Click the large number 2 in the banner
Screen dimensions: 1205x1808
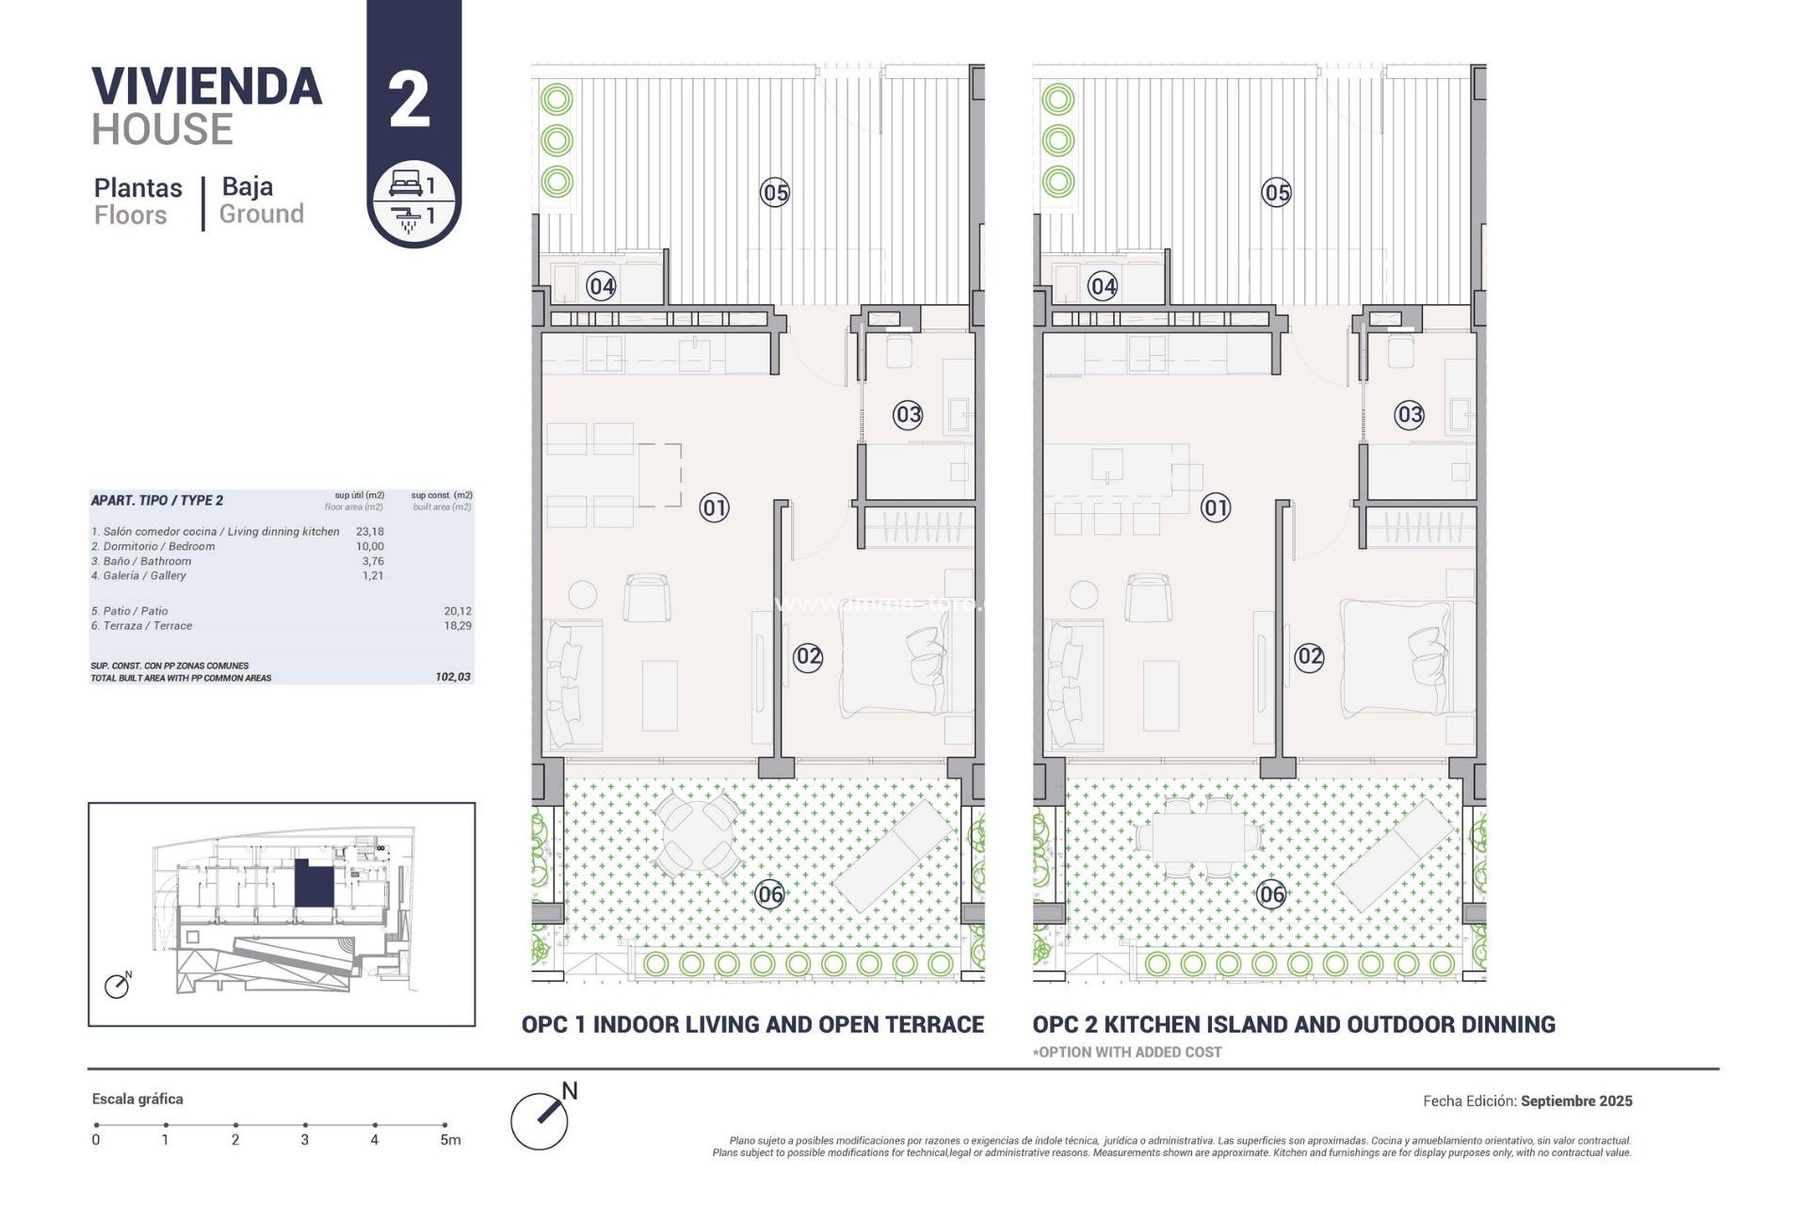point(410,100)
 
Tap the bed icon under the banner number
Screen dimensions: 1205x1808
point(406,183)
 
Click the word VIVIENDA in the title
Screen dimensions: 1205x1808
point(207,87)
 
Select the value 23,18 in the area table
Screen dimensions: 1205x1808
point(370,532)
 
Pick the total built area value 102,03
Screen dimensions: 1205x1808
point(453,677)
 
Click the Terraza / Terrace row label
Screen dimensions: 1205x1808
point(141,626)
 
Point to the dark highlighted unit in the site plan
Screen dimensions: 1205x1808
point(314,884)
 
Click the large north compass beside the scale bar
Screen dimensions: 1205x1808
point(541,1120)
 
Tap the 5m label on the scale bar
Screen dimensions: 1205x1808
point(450,1140)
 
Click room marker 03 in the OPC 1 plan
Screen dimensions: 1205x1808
point(908,414)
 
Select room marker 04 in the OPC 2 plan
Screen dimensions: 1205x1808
point(1103,286)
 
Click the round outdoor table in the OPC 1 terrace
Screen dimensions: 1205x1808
point(697,834)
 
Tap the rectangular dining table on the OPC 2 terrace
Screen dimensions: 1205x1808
point(1197,836)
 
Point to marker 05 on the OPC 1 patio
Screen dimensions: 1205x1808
point(775,193)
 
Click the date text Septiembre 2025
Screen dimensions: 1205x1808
point(1575,1101)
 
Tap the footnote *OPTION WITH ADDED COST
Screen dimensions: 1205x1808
point(1127,1052)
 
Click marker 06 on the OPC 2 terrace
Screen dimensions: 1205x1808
point(1271,894)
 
